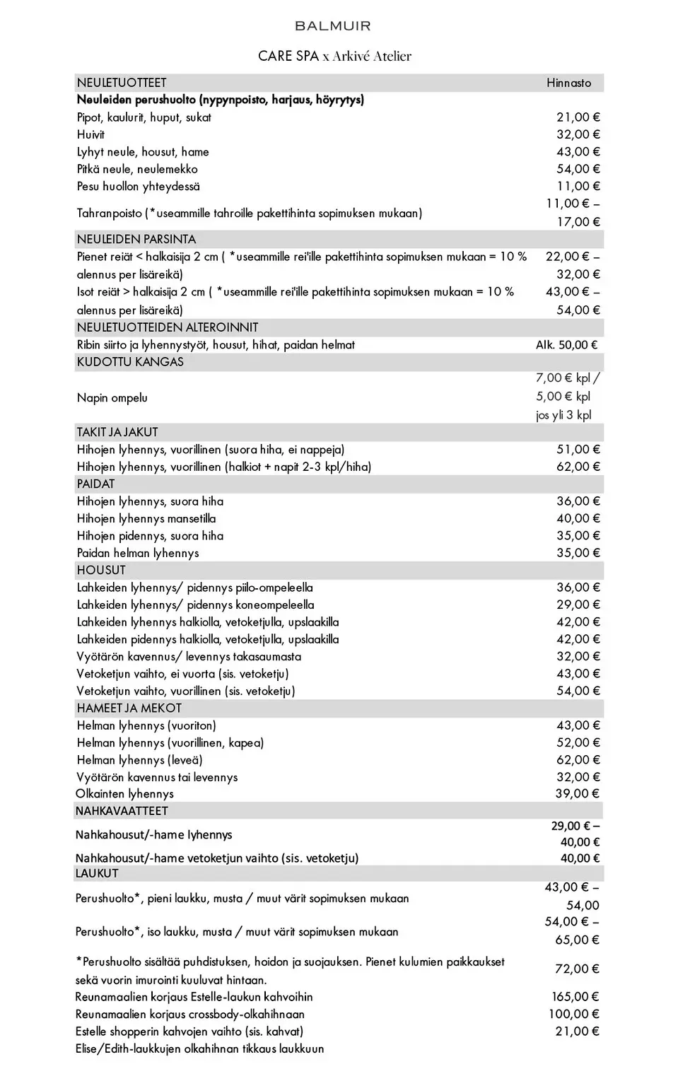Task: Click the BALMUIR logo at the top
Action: pyautogui.click(x=332, y=26)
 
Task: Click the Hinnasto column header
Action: pyautogui.click(x=568, y=83)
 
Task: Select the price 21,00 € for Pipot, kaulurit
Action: pyautogui.click(x=578, y=117)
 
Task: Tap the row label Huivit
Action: pyautogui.click(x=90, y=134)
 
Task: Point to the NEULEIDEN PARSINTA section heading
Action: pyautogui.click(x=136, y=239)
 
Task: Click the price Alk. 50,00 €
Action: pyautogui.click(x=566, y=345)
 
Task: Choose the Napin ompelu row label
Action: pyautogui.click(x=112, y=397)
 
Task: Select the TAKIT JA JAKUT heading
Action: pyautogui.click(x=117, y=432)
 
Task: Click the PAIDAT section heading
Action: pyautogui.click(x=95, y=484)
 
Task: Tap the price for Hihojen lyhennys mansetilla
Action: pyautogui.click(x=578, y=518)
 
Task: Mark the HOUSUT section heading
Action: pyautogui.click(x=101, y=570)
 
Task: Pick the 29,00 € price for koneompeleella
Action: pyautogui.click(x=578, y=605)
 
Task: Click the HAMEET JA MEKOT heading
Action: pyautogui.click(x=129, y=708)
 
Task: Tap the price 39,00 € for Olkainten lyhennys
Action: pyautogui.click(x=577, y=793)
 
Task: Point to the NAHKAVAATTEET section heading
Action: pyautogui.click(x=122, y=811)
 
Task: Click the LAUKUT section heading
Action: pyautogui.click(x=97, y=873)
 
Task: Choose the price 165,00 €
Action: pyautogui.click(x=575, y=996)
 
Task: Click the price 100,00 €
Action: pyautogui.click(x=575, y=1014)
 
